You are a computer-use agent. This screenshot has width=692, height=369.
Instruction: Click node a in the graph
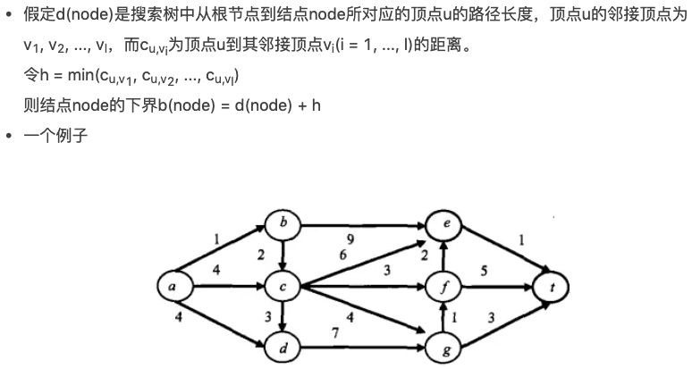170,286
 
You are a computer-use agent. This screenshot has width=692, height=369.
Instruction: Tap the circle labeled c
283,287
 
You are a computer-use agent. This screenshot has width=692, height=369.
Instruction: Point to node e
443,224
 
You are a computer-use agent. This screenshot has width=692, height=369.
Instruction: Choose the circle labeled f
443,287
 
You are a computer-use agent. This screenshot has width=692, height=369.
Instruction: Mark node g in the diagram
443,348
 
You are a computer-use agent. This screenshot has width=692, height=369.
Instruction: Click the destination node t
551,287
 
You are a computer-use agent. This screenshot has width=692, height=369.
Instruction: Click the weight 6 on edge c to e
342,255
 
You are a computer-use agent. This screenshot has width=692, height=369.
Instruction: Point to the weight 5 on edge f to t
483,271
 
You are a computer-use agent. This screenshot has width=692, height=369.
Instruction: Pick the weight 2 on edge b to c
260,255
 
